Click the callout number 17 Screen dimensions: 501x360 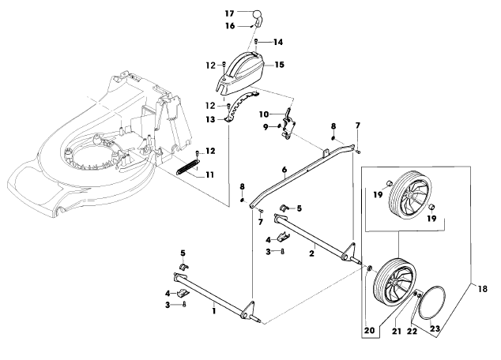point(230,13)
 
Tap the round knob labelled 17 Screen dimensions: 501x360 point(258,15)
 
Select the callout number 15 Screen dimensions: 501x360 point(279,65)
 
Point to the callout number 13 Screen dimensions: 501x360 point(210,120)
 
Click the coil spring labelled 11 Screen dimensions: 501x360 point(187,167)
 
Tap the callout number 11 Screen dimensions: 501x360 point(210,175)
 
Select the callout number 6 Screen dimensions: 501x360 point(284,170)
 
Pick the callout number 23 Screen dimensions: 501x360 point(435,328)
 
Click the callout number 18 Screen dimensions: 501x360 point(483,289)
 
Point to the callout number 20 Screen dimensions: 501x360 point(369,330)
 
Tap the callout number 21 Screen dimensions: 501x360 point(397,332)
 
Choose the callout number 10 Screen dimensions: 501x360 point(264,114)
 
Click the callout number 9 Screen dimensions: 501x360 point(266,127)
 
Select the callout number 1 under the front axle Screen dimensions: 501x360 point(214,310)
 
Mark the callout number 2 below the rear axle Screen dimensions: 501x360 point(312,253)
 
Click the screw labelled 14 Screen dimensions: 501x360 point(256,42)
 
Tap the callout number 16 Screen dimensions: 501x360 point(230,25)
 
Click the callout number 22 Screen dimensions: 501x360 point(412,332)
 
